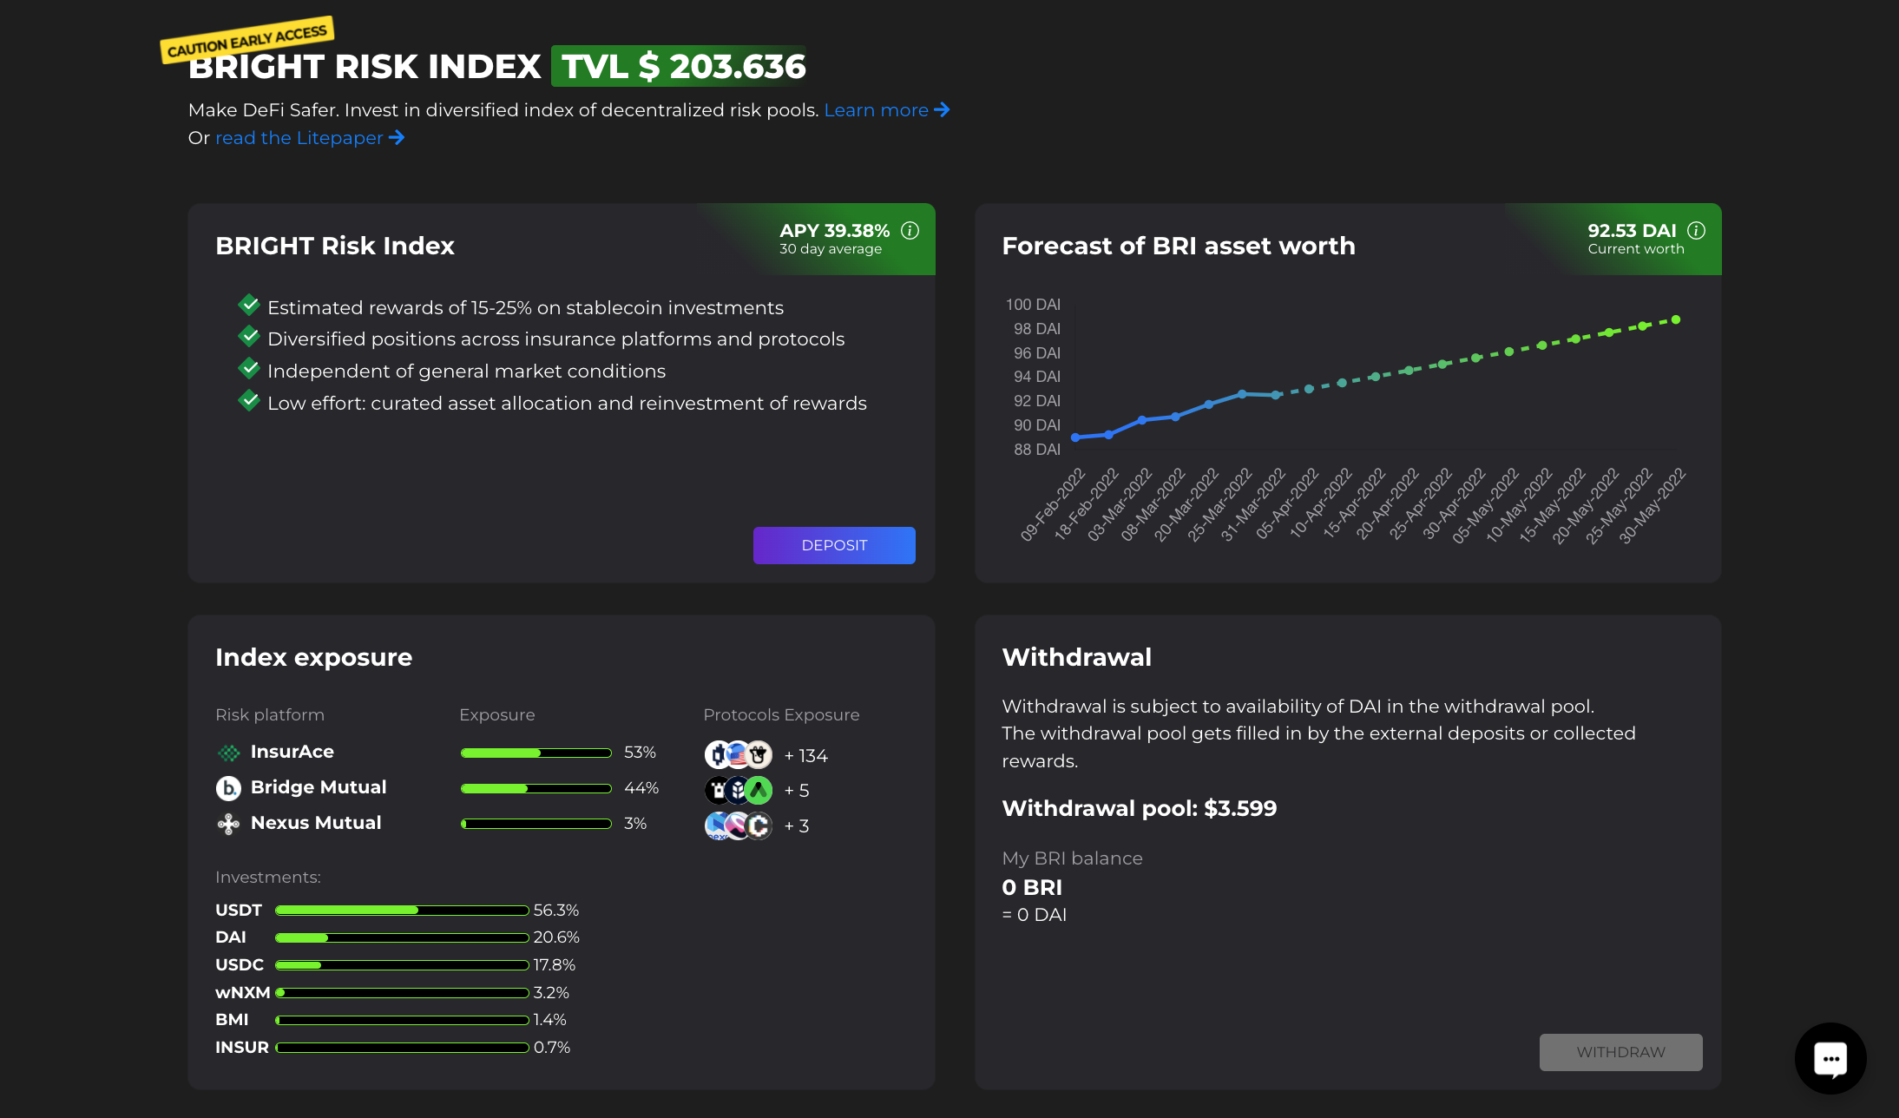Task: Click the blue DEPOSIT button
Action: tap(833, 545)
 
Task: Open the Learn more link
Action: tap(885, 110)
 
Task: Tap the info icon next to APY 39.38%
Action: tap(910, 231)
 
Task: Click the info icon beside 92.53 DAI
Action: tap(1696, 231)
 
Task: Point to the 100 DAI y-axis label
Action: tap(1032, 305)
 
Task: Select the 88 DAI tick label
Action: tap(1036, 450)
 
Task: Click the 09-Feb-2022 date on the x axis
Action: tap(1053, 504)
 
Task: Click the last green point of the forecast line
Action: tap(1676, 320)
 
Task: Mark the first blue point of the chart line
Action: tap(1075, 437)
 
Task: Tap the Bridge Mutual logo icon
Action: tap(228, 788)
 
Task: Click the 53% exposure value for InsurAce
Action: tap(640, 753)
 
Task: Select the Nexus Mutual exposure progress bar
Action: tap(536, 824)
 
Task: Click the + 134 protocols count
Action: tap(805, 756)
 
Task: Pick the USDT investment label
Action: tap(239, 911)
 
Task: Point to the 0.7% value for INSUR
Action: tap(552, 1048)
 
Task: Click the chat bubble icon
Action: tap(1830, 1058)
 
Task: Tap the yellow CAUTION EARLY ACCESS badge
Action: tap(247, 39)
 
